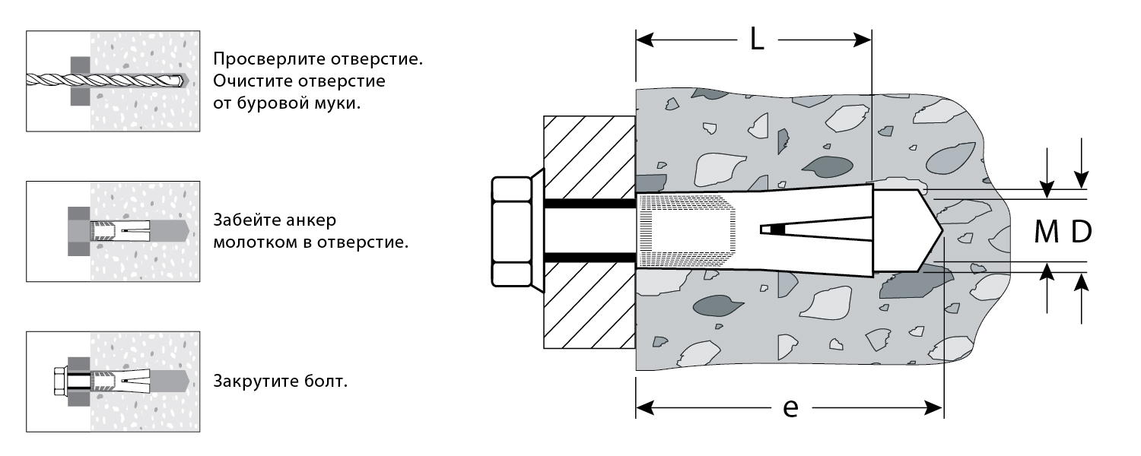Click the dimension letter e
pos(790,409)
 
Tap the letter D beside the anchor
pos(1082,233)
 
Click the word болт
pos(329,381)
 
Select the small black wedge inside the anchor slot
pos(777,229)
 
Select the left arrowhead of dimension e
pos(644,409)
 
